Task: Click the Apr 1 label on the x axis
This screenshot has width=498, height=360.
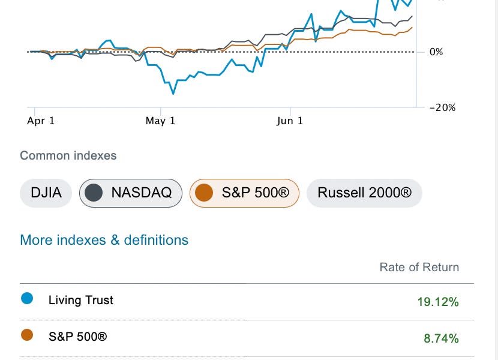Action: click(41, 121)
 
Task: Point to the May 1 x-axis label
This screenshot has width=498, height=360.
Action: click(161, 121)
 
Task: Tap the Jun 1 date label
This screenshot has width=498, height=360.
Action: click(290, 121)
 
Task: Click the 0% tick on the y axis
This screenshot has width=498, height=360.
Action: click(436, 52)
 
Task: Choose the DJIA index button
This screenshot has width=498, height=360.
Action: click(46, 193)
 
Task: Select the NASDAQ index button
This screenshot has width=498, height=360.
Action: click(131, 193)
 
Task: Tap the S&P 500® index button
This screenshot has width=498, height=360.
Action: click(244, 193)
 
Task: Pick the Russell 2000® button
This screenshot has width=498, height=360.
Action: click(364, 193)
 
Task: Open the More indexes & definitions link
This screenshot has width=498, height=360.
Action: click(104, 240)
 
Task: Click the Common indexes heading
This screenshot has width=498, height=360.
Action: click(68, 155)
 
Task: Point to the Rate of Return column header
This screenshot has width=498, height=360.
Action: click(419, 267)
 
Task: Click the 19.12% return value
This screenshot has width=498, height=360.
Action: click(438, 302)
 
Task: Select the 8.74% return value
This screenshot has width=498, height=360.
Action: click(441, 338)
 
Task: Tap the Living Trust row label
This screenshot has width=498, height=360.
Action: click(81, 300)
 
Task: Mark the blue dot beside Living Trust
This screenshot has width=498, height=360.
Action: click(26, 299)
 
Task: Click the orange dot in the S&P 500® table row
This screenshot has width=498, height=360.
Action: click(26, 335)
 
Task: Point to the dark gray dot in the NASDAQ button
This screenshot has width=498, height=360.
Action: click(92, 193)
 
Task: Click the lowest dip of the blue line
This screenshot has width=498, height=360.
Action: click(173, 94)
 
